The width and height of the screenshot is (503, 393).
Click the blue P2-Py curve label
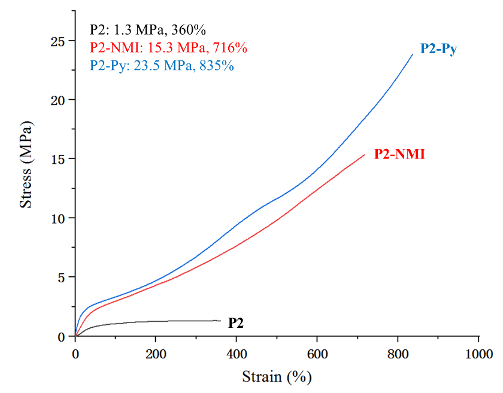pos(438,50)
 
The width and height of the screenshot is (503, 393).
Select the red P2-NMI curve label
pos(399,154)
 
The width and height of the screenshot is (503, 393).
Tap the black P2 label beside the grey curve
pos(235,323)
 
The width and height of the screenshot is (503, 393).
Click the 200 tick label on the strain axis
pos(156,354)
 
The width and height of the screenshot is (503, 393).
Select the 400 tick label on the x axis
pos(237,354)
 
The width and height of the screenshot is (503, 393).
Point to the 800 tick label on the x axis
pos(398,354)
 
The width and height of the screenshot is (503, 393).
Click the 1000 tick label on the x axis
pos(478,354)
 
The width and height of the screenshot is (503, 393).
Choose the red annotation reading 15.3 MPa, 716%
pos(168,47)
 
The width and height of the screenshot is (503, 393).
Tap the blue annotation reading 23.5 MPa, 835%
pos(162,65)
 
